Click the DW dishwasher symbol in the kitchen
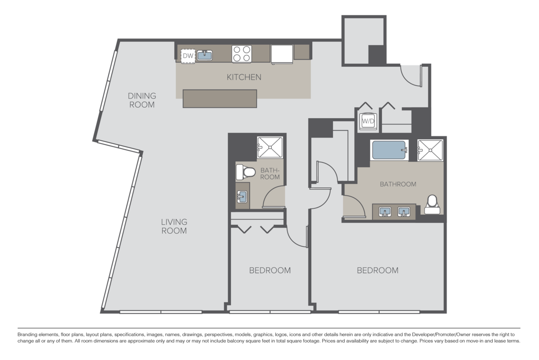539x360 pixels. [x=188, y=56]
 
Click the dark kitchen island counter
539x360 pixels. [x=220, y=98]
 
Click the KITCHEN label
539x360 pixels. [x=243, y=77]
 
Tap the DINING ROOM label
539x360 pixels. [x=141, y=100]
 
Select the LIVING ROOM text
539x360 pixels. [x=174, y=227]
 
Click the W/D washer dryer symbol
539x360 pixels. [x=369, y=120]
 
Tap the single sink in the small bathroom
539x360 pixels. [x=242, y=196]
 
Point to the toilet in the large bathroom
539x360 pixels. [x=432, y=203]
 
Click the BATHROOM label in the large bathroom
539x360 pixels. [x=398, y=184]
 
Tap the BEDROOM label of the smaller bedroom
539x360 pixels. [x=270, y=271]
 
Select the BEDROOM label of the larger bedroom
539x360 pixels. [x=377, y=271]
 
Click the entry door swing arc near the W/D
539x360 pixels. [x=410, y=76]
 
